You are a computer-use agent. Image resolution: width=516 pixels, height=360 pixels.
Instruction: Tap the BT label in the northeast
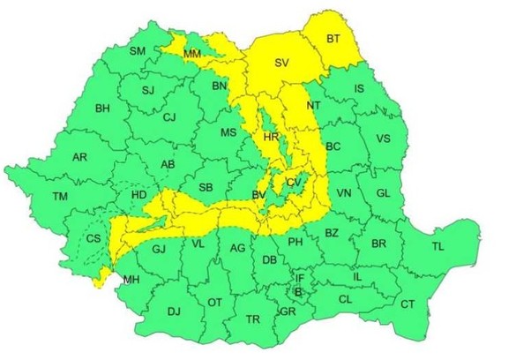333,39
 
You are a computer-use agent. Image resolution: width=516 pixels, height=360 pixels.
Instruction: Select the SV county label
280,64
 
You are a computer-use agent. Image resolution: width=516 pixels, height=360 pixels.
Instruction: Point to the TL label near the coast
437,246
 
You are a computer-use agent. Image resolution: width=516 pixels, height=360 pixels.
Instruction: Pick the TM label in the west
60,196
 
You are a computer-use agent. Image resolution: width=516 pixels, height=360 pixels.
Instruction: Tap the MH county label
131,281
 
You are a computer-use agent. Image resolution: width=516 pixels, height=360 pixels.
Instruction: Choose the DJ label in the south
174,311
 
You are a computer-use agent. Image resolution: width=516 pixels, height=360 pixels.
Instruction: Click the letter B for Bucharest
298,291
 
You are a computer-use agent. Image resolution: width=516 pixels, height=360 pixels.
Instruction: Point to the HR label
272,139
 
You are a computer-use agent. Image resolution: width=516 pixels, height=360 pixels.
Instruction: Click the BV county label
259,195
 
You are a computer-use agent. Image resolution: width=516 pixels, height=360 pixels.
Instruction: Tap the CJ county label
170,117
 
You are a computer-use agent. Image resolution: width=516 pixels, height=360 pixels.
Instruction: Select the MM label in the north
191,55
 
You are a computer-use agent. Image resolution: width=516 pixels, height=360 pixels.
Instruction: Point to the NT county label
313,106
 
